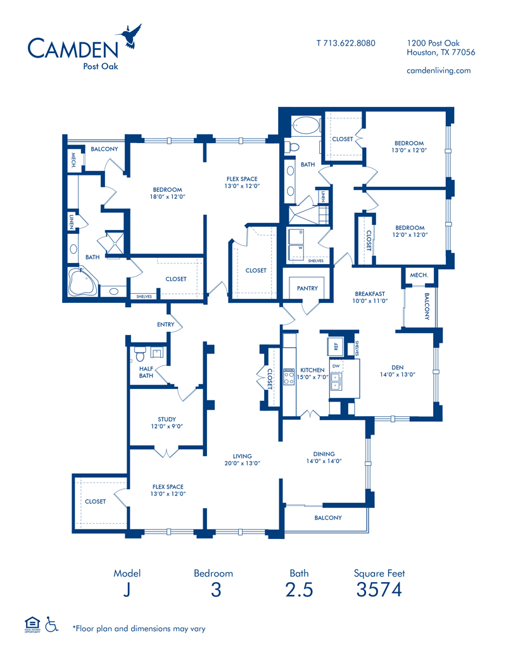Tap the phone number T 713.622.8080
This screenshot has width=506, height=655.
[x=346, y=43]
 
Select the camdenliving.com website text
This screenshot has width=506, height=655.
[x=438, y=70]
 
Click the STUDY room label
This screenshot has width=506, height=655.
[x=167, y=419]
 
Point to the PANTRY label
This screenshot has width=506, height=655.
[x=307, y=288]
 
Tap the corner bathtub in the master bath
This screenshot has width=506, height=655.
[x=83, y=281]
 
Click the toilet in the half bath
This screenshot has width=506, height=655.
[x=139, y=354]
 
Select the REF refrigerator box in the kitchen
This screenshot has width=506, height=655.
[x=336, y=347]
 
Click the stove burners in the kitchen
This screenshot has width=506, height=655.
[x=289, y=377]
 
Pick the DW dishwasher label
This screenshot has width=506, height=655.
[x=336, y=366]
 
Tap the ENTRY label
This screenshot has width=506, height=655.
[x=166, y=324]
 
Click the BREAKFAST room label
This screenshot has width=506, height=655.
[x=370, y=294]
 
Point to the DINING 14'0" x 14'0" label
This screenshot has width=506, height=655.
[x=324, y=457]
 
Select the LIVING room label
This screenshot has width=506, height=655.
[x=242, y=456]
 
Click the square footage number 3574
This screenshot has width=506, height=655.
[x=379, y=589]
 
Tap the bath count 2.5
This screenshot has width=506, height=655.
[x=299, y=589]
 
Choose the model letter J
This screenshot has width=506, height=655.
[x=127, y=590]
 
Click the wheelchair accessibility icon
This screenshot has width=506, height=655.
[x=51, y=624]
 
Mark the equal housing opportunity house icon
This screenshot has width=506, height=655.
[x=32, y=624]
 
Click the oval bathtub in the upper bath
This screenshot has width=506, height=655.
[x=300, y=125]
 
